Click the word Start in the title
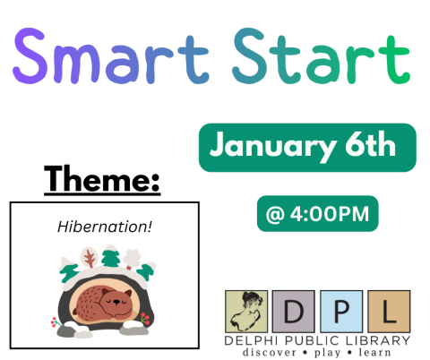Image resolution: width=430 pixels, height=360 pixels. point(319,56)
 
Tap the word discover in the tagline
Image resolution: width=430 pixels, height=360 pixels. point(271,352)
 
